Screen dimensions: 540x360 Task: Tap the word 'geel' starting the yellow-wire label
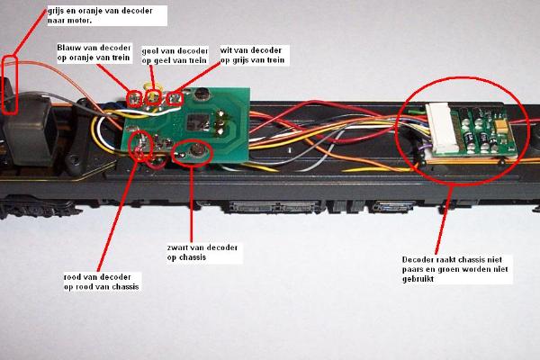tap(149, 51)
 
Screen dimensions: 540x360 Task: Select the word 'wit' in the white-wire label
tap(226, 50)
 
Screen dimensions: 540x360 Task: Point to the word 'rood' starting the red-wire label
tap(74, 277)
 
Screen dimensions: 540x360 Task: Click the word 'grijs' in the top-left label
tap(58, 12)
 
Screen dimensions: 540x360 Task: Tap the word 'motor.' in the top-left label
tap(80, 21)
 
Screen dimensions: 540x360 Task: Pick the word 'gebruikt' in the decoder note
tap(418, 279)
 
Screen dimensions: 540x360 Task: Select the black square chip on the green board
tap(196, 121)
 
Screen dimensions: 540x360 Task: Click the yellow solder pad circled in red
tap(154, 97)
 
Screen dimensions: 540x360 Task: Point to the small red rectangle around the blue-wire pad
tap(135, 98)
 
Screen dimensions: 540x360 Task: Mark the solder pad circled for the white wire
tap(175, 98)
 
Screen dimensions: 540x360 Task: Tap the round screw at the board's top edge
tap(202, 94)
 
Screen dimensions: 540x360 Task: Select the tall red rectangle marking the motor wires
tap(10, 85)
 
